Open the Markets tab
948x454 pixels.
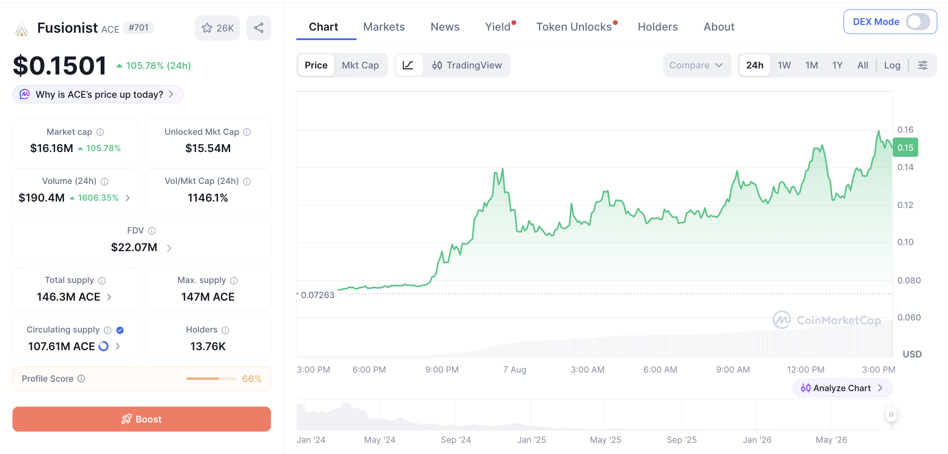pyautogui.click(x=384, y=27)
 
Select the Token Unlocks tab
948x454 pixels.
pyautogui.click(x=574, y=27)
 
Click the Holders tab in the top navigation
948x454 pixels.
pyautogui.click(x=658, y=27)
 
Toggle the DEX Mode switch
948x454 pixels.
pyautogui.click(x=918, y=22)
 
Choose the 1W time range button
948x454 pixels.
pyautogui.click(x=784, y=65)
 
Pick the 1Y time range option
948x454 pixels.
pyautogui.click(x=837, y=65)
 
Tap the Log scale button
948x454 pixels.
pyautogui.click(x=892, y=65)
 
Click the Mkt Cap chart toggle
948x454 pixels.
pyautogui.click(x=360, y=65)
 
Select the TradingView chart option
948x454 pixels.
pyautogui.click(x=467, y=65)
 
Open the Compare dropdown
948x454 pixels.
pyautogui.click(x=696, y=65)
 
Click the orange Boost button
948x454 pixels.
pyautogui.click(x=142, y=419)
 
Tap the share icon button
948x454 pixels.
pyautogui.click(x=259, y=28)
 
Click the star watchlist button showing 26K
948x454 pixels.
pyautogui.click(x=218, y=28)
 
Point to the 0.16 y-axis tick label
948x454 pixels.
pyautogui.click(x=905, y=130)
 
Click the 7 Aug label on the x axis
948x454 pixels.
pyautogui.click(x=514, y=370)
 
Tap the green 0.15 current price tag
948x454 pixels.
pyautogui.click(x=905, y=147)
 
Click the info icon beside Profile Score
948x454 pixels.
pyautogui.click(x=81, y=379)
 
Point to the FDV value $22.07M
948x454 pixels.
pyautogui.click(x=134, y=247)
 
